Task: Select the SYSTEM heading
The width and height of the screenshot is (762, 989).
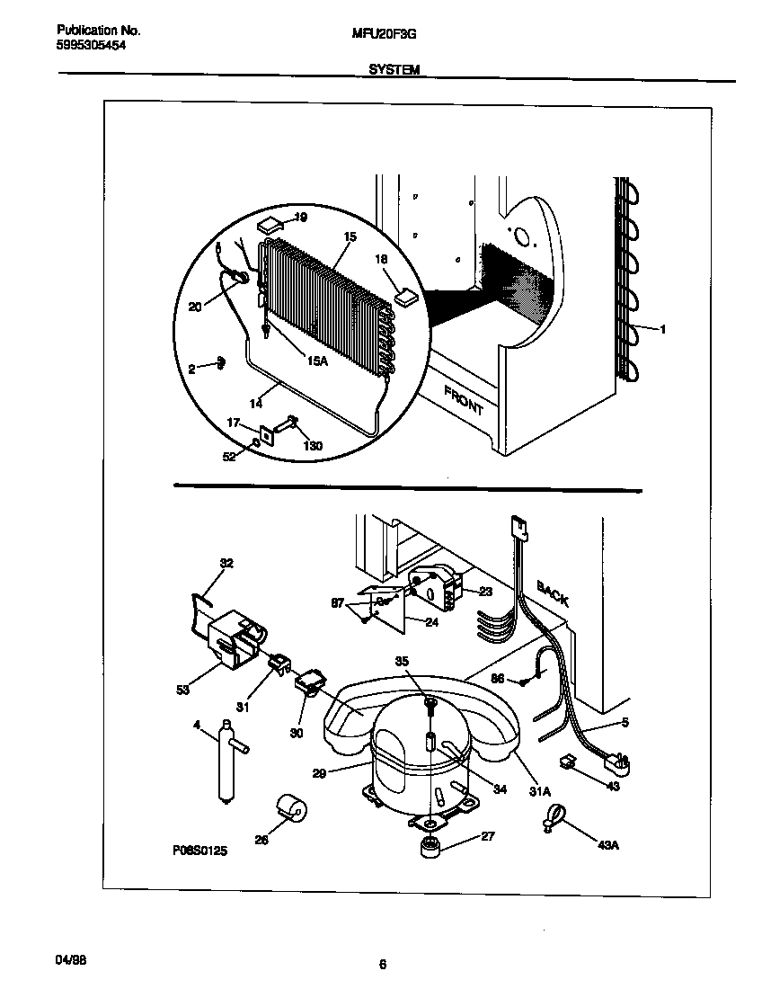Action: coord(394,69)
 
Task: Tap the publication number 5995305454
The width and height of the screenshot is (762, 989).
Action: coord(85,44)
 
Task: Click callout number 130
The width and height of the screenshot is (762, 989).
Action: coord(313,446)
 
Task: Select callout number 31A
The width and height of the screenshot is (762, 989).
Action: coord(539,790)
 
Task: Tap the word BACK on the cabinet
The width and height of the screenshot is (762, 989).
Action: coord(553,594)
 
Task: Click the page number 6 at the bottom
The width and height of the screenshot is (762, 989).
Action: coord(382,966)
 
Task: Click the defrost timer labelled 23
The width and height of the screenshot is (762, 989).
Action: coord(436,586)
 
